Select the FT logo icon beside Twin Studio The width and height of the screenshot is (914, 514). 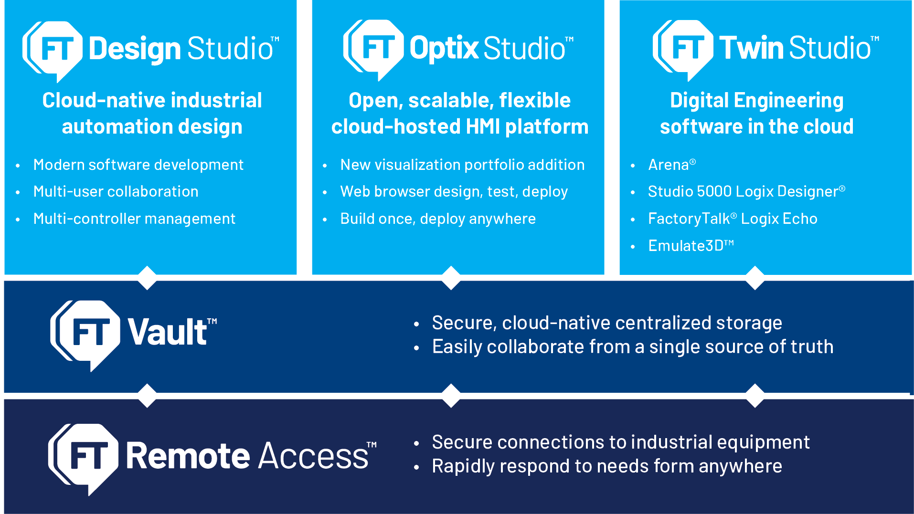[x=683, y=48]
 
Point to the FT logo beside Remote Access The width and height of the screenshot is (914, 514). [x=84, y=456]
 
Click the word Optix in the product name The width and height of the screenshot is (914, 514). [x=444, y=48]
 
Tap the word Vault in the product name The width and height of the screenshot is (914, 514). [x=168, y=332]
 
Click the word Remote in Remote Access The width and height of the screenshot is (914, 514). [x=188, y=456]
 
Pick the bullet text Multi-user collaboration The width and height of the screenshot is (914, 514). [x=116, y=192]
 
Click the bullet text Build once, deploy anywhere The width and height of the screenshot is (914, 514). [x=437, y=219]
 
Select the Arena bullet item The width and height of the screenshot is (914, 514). [x=669, y=165]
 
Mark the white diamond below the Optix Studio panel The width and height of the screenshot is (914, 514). [x=451, y=278]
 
